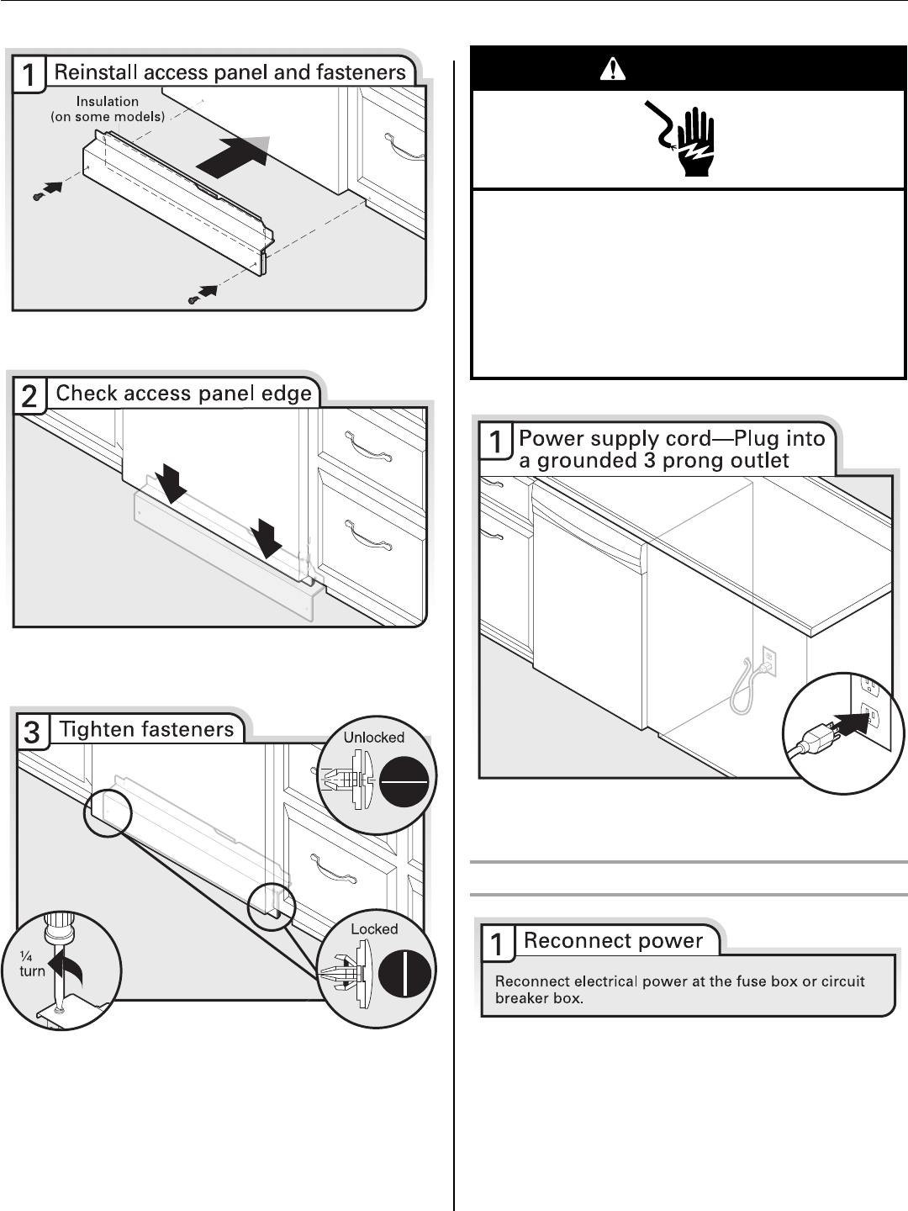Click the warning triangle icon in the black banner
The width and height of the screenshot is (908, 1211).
click(613, 69)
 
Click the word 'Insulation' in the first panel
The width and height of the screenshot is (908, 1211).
click(107, 102)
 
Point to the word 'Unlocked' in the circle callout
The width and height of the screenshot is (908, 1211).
click(374, 738)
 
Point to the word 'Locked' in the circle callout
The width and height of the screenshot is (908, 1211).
click(374, 929)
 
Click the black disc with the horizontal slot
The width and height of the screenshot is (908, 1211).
click(404, 781)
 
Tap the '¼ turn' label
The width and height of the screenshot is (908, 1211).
click(32, 964)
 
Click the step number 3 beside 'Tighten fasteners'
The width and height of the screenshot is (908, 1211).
click(31, 732)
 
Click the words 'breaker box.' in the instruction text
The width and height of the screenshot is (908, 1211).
click(539, 998)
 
